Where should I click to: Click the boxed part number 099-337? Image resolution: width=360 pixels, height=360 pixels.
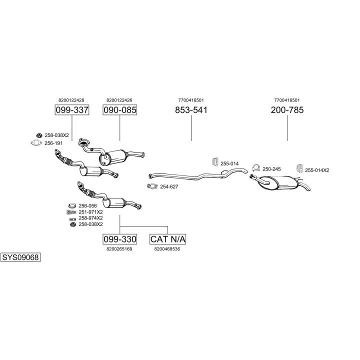click(71, 110)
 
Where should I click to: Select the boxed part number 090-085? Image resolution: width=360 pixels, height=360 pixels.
click(119, 110)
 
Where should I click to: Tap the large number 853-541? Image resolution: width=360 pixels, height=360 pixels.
click(191, 110)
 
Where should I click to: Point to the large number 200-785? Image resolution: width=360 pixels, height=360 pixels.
click(287, 110)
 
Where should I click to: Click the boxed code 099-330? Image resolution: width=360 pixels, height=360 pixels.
click(119, 239)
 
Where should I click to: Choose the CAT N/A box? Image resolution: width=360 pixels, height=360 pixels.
click(167, 239)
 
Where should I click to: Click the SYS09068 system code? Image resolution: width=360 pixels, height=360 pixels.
click(20, 257)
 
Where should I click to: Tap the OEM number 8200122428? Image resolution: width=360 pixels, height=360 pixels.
click(71, 100)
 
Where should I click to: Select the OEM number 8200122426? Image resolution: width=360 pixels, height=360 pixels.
click(119, 100)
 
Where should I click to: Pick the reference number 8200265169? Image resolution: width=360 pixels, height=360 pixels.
click(119, 248)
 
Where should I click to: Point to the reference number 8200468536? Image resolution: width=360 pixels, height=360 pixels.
click(167, 248)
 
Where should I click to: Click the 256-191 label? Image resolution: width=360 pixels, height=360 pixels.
click(53, 143)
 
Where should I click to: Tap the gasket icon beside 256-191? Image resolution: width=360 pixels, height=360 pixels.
click(35, 143)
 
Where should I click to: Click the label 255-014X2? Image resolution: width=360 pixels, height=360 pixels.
click(317, 170)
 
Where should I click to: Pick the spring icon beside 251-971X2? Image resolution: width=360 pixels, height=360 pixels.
click(71, 212)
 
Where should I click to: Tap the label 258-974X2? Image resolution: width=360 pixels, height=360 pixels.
click(90, 218)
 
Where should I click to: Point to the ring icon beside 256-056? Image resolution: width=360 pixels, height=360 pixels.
click(71, 205)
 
